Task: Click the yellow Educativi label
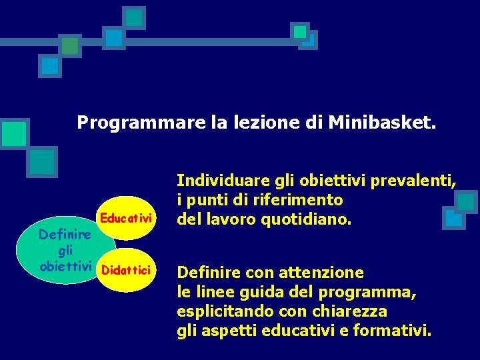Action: [127, 218]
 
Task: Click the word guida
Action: [271, 292]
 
